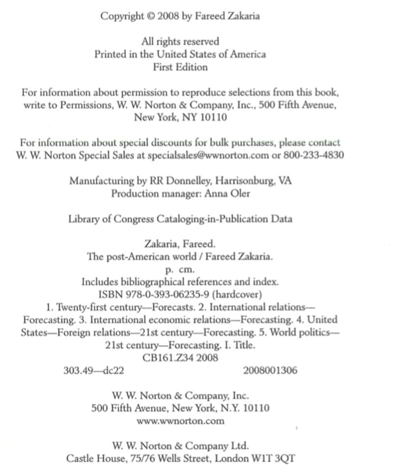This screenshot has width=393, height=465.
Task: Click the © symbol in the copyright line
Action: [x=150, y=16]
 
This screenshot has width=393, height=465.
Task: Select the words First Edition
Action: [x=180, y=67]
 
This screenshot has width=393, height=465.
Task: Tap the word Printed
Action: [x=111, y=55]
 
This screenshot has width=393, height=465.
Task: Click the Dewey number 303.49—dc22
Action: [x=94, y=371]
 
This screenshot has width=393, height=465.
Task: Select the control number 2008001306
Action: [x=270, y=371]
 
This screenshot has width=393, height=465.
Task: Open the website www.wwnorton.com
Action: [x=180, y=421]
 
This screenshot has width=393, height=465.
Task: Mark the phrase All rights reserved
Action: [x=180, y=42]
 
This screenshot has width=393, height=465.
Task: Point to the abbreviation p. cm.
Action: [x=180, y=270]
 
